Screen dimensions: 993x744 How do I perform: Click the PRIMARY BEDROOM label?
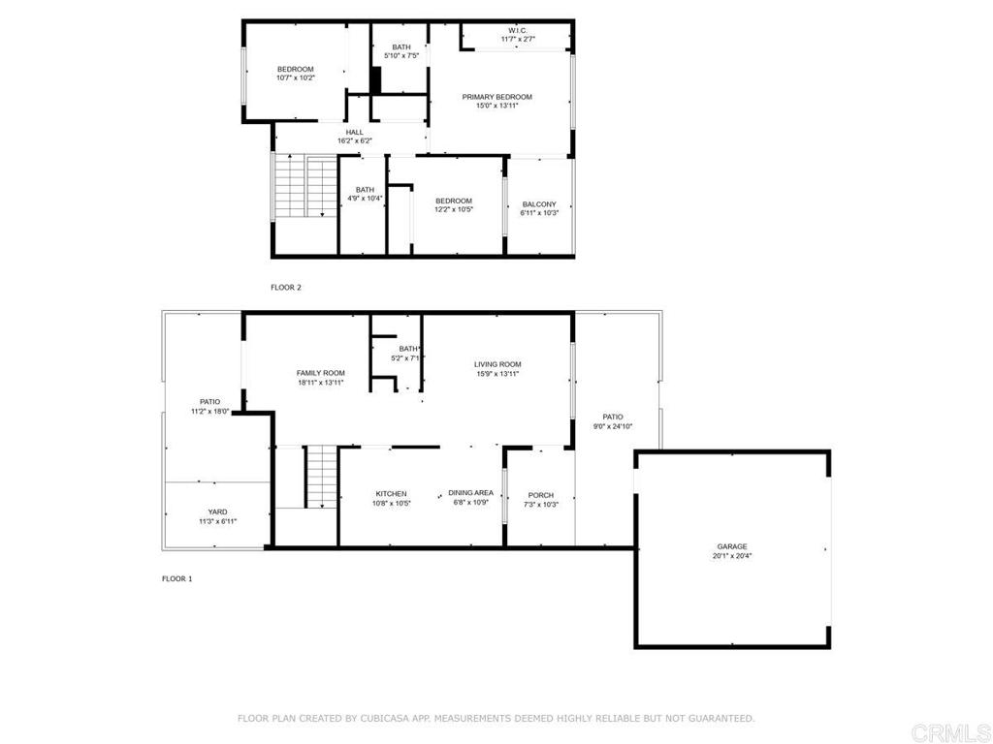coord(497,97)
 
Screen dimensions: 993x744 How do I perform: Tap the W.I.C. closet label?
coord(518,30)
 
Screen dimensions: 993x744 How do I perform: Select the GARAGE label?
coord(732,546)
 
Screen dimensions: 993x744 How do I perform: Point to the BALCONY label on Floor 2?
coord(539,204)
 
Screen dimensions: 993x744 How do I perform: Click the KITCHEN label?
coord(392,493)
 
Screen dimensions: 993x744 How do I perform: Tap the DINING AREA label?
coord(470,493)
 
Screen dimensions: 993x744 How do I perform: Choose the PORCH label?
coord(541,495)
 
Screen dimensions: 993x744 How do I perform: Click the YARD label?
coord(218,511)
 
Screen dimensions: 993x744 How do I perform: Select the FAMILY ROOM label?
coord(321,373)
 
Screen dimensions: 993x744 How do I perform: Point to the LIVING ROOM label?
coord(497,364)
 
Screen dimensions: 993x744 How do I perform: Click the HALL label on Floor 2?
coord(355,132)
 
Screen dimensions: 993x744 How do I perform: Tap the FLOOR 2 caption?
coord(286,287)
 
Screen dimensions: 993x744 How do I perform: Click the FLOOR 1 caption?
coord(177,579)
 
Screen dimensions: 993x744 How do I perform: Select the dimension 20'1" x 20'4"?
coord(732,556)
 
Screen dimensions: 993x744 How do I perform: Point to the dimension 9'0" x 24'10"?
coord(613,426)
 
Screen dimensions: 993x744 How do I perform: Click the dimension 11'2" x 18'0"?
coord(210,411)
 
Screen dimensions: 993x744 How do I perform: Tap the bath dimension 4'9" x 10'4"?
coord(365,199)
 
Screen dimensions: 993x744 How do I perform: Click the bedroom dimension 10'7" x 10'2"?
coord(296,77)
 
